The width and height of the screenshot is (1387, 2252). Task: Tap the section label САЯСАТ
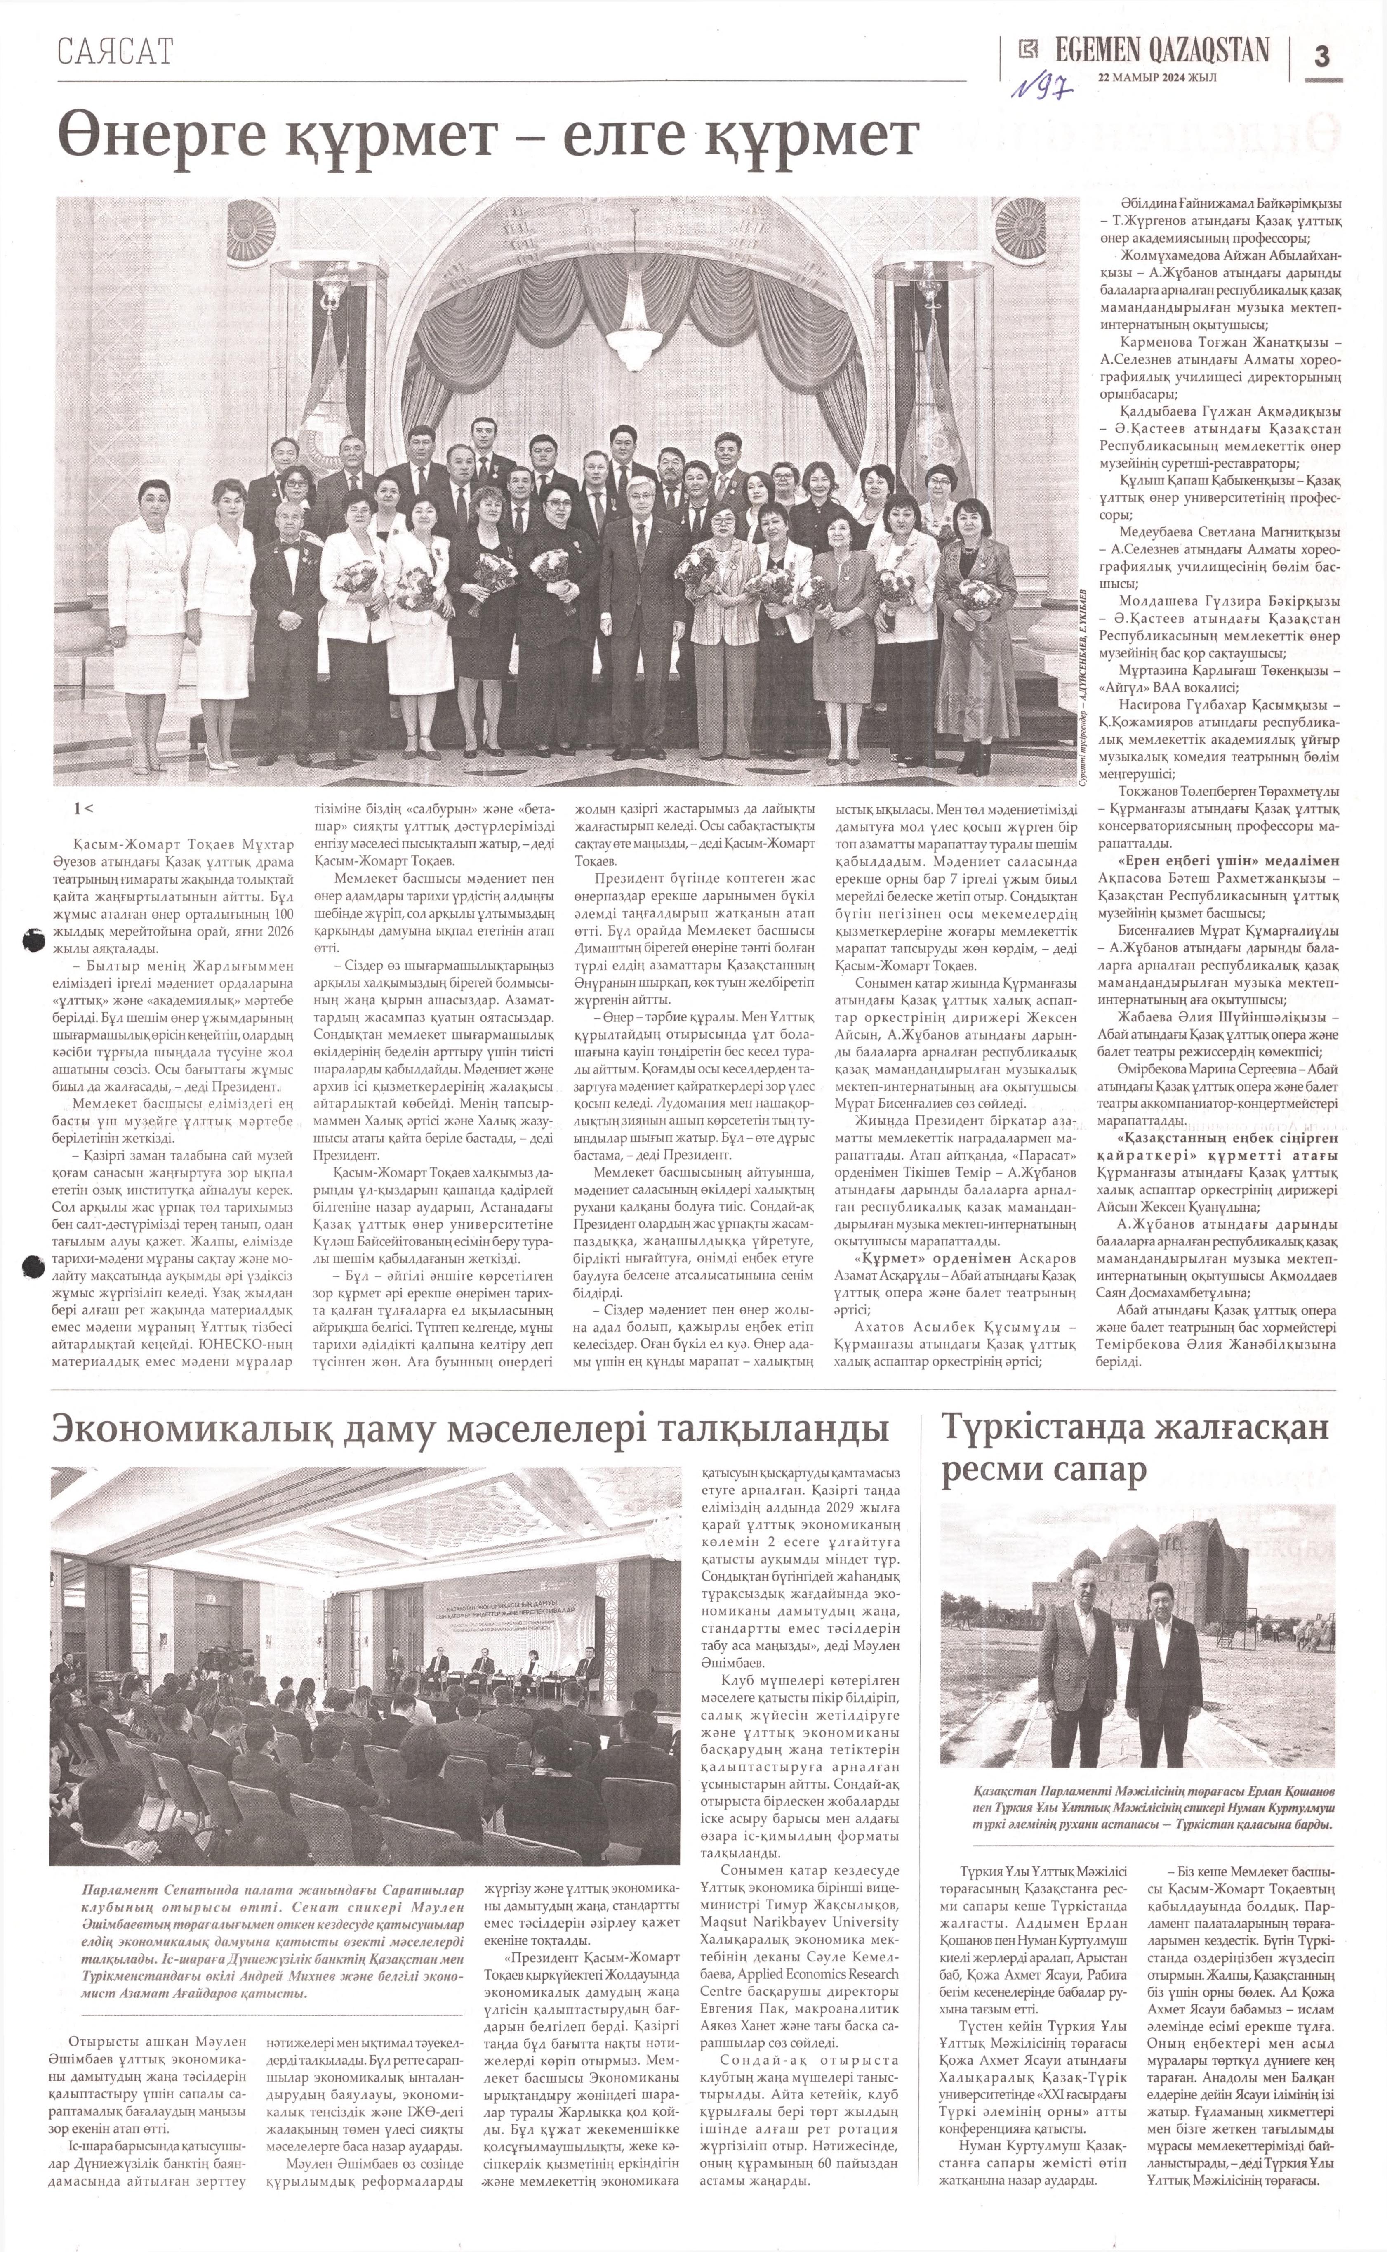tap(115, 52)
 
